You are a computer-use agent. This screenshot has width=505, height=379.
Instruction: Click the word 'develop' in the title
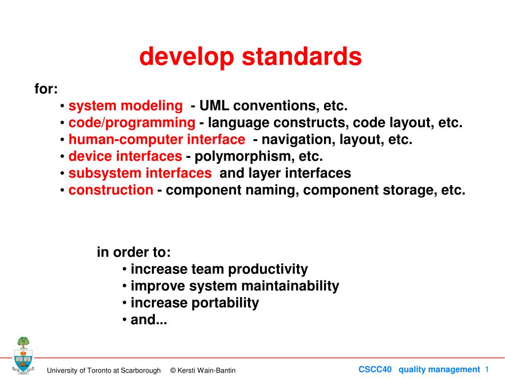point(187,57)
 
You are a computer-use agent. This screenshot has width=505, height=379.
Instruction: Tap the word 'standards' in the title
point(302,56)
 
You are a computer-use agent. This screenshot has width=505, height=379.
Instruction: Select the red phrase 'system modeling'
point(126,106)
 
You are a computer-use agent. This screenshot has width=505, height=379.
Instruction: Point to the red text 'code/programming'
point(132,123)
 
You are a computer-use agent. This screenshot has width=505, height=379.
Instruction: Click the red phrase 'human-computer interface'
point(157,140)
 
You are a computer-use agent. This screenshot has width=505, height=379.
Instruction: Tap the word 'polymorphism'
point(245,156)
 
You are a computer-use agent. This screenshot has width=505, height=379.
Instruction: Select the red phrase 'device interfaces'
point(125,156)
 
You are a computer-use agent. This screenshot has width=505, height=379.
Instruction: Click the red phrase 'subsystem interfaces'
point(140,173)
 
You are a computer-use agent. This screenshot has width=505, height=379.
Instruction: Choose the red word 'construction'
point(111,190)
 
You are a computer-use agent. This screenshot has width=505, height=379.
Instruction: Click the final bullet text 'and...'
point(149,319)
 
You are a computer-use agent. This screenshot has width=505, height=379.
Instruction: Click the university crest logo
point(23,355)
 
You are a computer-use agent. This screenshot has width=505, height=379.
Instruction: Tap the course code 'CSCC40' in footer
point(375,369)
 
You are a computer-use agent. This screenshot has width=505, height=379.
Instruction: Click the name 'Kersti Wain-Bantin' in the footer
point(207,371)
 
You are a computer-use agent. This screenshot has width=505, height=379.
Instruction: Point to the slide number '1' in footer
point(487,369)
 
